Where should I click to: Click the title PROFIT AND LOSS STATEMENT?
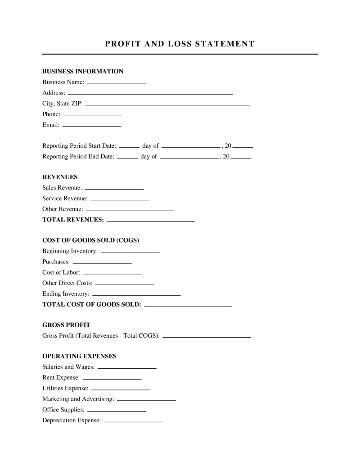[180, 44]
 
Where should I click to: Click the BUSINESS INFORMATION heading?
[82, 71]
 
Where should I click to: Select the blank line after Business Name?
[116, 83]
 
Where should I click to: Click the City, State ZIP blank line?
[167, 104]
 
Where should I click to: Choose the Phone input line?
[92, 115]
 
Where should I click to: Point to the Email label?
[51, 125]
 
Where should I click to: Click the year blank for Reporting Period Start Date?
[243, 147]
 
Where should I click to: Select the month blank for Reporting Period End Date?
[189, 158]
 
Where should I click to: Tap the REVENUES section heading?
[60, 177]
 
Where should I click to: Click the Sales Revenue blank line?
[114, 188]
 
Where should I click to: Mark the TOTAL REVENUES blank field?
[151, 221]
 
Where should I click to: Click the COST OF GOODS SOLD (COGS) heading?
[90, 240]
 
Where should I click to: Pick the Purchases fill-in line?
[102, 262]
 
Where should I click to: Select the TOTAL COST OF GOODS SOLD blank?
[188, 305]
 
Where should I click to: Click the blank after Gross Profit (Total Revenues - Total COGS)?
[207, 336]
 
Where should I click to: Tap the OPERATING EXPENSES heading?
[79, 356]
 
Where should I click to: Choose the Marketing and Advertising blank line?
[146, 399]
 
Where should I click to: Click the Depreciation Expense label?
[72, 421]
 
